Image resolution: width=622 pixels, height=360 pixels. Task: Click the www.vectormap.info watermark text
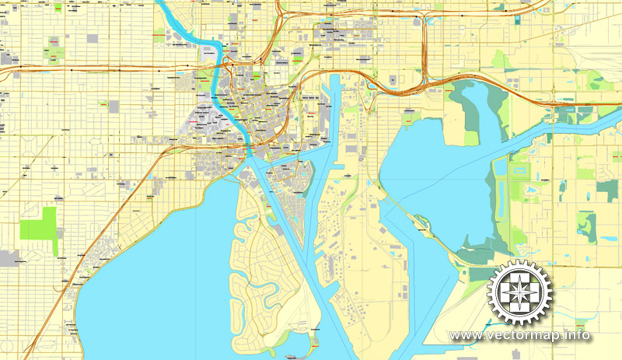[x=519, y=335]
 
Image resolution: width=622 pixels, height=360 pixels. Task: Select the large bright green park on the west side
[x=38, y=223]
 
